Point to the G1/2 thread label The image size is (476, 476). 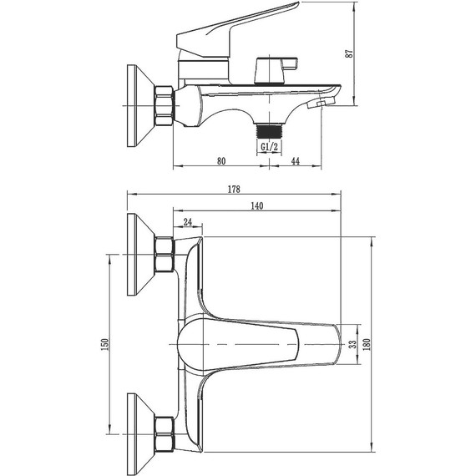click(269, 148)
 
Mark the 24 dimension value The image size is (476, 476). click(187, 222)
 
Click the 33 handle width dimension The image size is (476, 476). click(352, 343)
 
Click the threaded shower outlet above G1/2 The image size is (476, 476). click(268, 130)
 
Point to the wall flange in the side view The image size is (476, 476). click(134, 105)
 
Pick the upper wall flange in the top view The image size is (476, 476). click(134, 254)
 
